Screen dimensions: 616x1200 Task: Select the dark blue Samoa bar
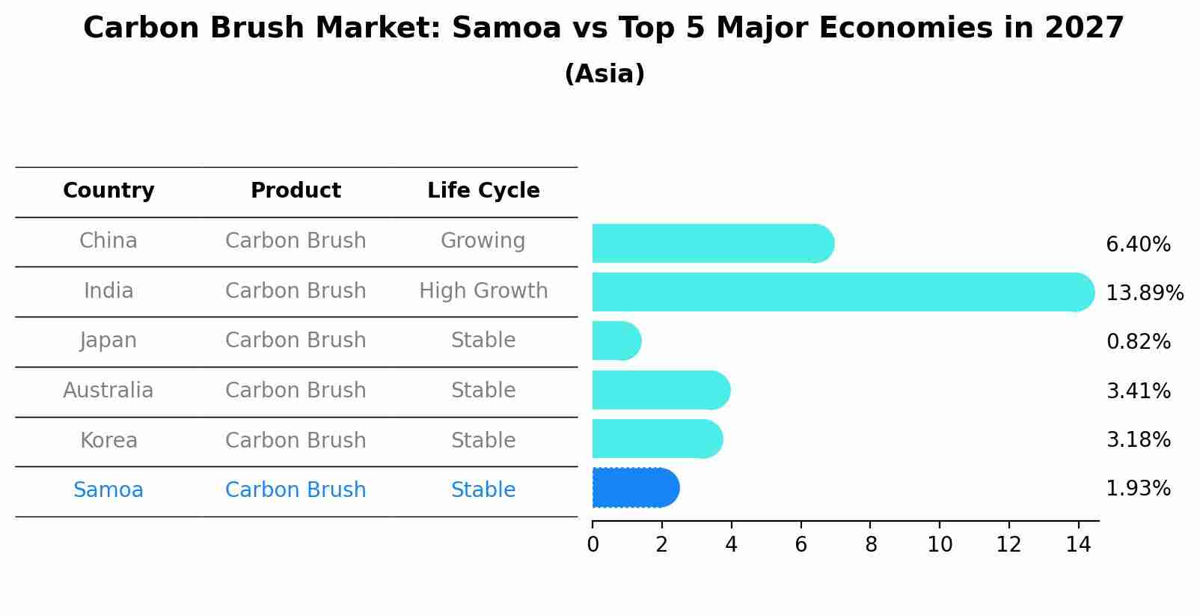(635, 488)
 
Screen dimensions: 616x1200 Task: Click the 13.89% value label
(1144, 293)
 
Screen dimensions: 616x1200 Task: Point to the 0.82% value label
(1138, 342)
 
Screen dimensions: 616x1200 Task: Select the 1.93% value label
(1138, 489)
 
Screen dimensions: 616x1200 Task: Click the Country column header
(108, 191)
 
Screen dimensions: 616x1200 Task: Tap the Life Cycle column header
(483, 191)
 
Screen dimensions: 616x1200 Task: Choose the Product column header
(296, 191)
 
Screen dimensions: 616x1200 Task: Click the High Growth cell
(483, 290)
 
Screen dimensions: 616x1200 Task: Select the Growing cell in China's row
(483, 241)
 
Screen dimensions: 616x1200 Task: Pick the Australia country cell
(108, 391)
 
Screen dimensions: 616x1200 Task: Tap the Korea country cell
(108, 440)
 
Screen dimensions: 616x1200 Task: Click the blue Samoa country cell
(108, 490)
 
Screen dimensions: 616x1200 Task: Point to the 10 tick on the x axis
(940, 545)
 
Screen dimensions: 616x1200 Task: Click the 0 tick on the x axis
(593, 545)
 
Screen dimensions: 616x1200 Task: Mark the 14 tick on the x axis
(1078, 545)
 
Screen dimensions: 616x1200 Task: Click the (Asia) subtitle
(604, 74)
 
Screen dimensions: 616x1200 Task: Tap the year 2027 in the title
(1084, 28)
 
